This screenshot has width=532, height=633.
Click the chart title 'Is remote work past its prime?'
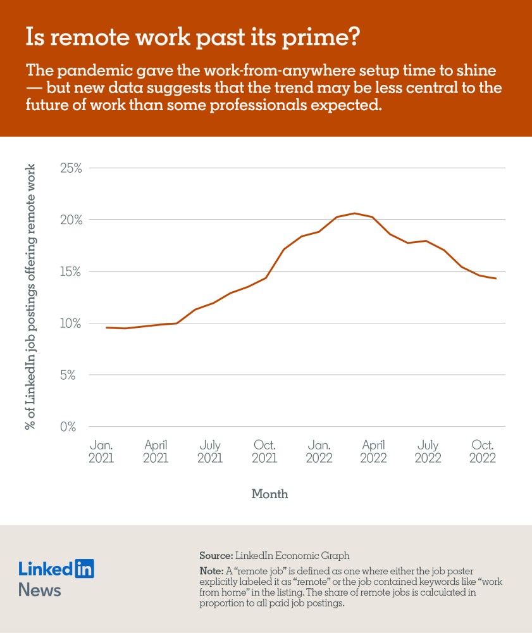click(x=192, y=38)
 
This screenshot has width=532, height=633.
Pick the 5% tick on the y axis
click(x=75, y=375)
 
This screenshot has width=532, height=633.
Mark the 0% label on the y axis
click(x=75, y=427)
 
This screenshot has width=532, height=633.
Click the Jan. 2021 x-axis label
click(x=101, y=451)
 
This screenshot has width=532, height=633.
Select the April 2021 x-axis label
click(x=156, y=451)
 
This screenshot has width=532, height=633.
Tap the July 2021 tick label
click(x=210, y=451)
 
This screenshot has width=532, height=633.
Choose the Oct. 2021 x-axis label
click(x=264, y=451)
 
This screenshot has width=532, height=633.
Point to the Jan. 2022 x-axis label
click(x=319, y=451)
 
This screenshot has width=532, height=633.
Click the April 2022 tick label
click(x=373, y=451)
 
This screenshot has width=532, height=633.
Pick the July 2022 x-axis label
click(x=428, y=451)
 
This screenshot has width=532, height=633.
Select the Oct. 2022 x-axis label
click(x=483, y=451)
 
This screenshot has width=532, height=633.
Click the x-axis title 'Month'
click(x=269, y=494)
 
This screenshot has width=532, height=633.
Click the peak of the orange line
click(x=355, y=213)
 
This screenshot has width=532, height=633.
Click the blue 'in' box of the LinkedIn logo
click(x=84, y=568)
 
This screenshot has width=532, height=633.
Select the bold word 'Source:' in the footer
click(x=216, y=556)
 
